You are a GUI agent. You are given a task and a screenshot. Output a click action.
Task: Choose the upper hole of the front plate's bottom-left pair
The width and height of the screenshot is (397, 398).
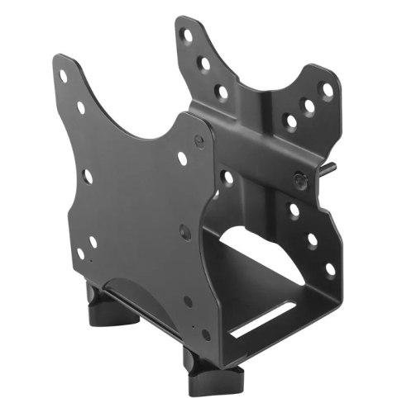[x=92, y=242]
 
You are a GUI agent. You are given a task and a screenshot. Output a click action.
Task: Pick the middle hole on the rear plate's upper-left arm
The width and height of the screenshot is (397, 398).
[x=203, y=61]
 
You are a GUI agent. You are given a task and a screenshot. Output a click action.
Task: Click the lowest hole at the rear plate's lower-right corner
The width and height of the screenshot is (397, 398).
[x=330, y=268]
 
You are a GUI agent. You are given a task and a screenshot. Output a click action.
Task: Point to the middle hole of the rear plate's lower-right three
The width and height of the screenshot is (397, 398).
[x=313, y=239]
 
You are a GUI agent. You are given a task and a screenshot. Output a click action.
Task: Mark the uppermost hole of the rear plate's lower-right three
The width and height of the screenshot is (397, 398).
[x=294, y=210]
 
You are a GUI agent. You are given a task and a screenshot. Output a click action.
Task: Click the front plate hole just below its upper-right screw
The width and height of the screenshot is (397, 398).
[x=183, y=159]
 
